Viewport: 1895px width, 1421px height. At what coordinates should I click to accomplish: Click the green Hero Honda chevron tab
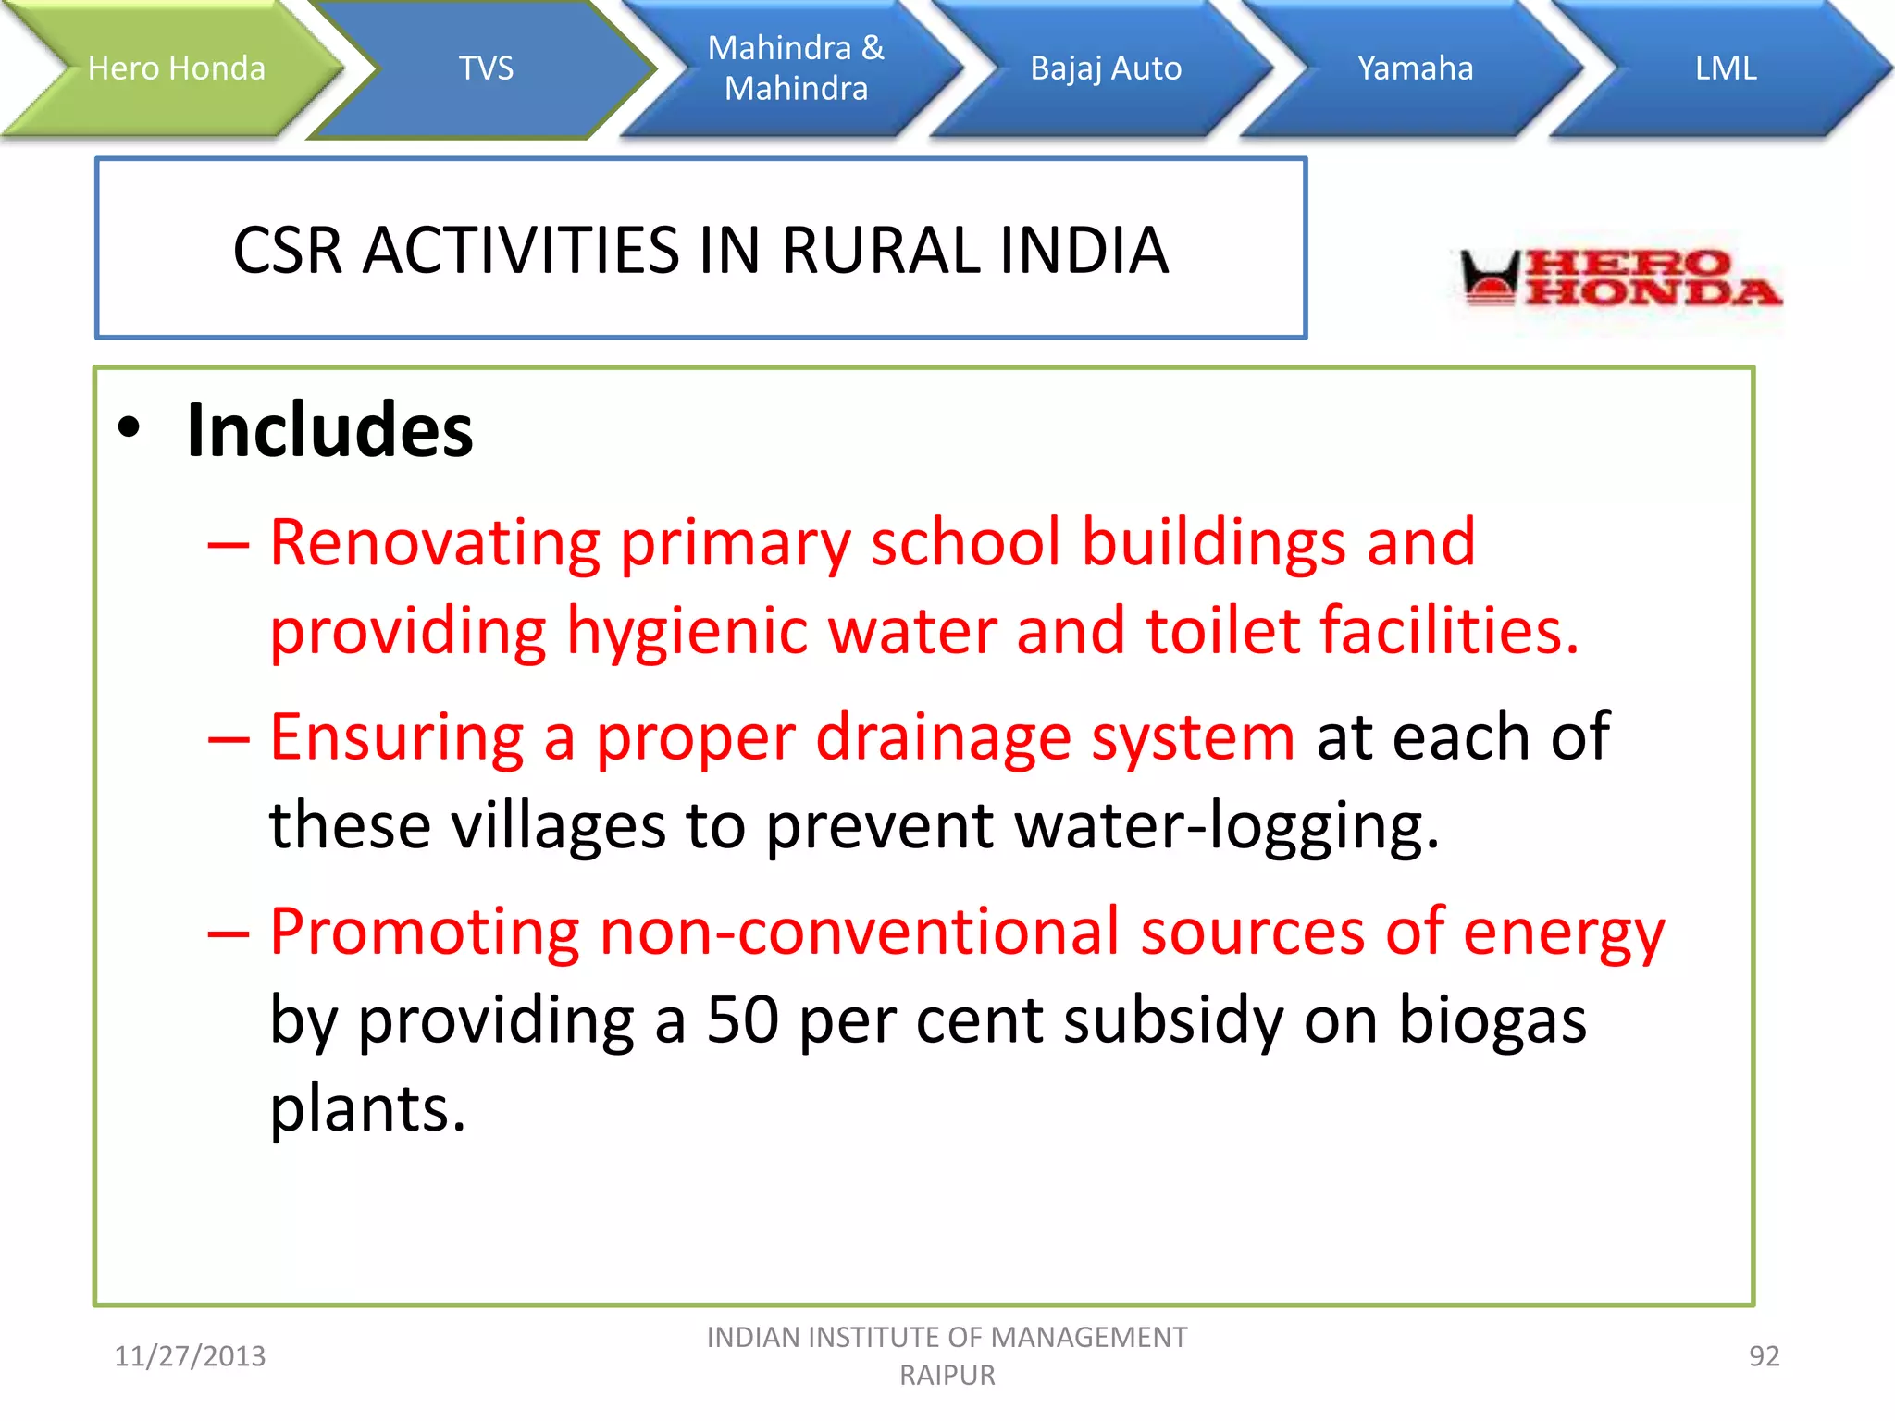click(x=176, y=68)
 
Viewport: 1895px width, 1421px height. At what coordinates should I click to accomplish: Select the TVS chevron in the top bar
click(x=486, y=68)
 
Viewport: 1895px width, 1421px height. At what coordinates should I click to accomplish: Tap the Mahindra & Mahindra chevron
click(x=796, y=68)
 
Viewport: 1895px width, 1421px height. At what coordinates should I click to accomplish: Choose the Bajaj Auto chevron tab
click(x=1106, y=68)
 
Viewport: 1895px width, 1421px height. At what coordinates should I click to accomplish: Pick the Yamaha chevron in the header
click(x=1415, y=68)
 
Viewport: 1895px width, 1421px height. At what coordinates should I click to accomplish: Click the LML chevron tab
click(x=1726, y=68)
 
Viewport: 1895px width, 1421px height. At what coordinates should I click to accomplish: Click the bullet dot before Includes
click(x=130, y=428)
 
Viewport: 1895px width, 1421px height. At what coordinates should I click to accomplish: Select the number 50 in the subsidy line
click(x=742, y=1020)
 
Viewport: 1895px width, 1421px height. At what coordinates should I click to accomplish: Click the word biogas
click(x=1492, y=1022)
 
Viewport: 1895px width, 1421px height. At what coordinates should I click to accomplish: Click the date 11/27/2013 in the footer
click(x=190, y=1356)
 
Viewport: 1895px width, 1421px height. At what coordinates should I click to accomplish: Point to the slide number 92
click(x=1764, y=1356)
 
